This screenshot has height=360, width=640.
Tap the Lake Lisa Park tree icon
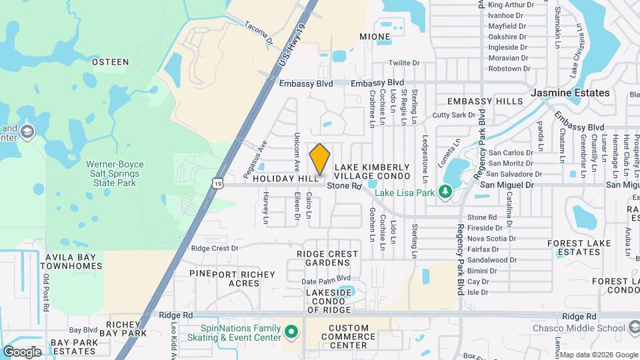[x=446, y=193]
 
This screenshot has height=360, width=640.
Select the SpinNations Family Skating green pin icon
[x=291, y=331]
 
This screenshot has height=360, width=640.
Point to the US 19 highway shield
[x=219, y=182]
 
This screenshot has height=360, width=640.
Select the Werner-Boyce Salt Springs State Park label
[x=114, y=173]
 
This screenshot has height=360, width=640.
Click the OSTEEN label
[x=110, y=62]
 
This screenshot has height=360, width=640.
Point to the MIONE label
[x=375, y=36]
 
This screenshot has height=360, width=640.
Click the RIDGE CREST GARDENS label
[x=327, y=258]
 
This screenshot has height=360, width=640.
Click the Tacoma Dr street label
[x=259, y=33]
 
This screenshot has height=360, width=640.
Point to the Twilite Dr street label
[x=404, y=63]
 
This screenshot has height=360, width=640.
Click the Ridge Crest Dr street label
[x=214, y=248]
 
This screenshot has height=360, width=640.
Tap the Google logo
[x=22, y=351]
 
